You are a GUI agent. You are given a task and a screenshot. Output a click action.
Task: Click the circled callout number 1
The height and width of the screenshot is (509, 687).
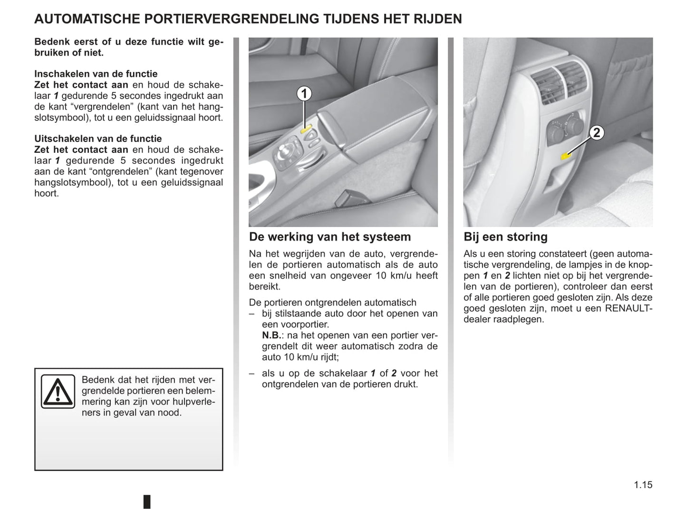click(304, 94)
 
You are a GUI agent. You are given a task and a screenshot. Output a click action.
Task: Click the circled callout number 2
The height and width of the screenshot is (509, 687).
click(597, 133)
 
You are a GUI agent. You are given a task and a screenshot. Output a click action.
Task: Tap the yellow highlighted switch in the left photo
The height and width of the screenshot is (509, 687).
click(305, 127)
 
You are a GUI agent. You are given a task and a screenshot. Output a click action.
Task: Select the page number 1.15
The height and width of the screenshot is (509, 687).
click(643, 485)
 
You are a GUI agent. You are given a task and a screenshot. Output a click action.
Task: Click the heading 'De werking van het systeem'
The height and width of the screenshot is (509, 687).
click(330, 237)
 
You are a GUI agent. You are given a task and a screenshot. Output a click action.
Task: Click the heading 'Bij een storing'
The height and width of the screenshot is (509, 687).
click(505, 237)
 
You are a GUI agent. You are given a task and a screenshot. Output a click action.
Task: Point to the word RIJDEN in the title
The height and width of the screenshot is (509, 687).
click(438, 19)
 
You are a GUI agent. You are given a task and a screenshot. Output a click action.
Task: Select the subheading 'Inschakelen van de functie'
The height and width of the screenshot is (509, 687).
click(96, 74)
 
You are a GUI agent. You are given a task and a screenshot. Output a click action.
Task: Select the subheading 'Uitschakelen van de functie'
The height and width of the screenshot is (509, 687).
click(98, 138)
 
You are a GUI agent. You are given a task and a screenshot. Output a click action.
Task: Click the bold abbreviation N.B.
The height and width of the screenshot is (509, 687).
click(271, 335)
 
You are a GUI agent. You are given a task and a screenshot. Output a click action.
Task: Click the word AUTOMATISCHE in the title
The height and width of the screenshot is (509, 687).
click(87, 19)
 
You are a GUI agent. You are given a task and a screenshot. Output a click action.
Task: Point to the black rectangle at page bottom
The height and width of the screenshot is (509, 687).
click(147, 501)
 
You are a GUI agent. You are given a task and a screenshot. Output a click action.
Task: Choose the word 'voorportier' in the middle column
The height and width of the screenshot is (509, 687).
click(304, 324)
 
